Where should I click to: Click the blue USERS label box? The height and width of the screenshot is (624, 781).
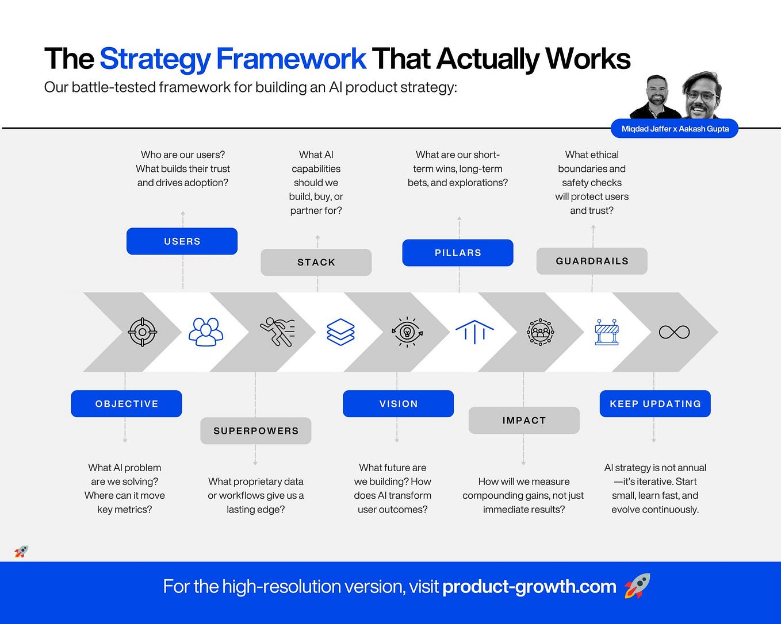[182, 241]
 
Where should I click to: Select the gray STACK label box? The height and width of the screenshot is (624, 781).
[316, 262]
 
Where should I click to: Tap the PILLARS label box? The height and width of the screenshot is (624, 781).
[458, 253]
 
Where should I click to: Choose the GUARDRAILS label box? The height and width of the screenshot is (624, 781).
[592, 261]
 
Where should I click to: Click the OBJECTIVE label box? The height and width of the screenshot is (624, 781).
[127, 404]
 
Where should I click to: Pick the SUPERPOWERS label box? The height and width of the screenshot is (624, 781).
[256, 431]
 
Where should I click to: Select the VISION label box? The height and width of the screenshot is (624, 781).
[398, 404]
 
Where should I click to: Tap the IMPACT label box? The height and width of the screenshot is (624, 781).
[524, 420]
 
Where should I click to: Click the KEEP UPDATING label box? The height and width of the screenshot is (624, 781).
[655, 404]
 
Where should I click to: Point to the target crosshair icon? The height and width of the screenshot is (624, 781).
[142, 332]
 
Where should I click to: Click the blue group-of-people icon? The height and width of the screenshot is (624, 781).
[206, 332]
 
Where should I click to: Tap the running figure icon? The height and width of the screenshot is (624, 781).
[277, 332]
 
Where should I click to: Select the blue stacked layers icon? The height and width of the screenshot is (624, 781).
[340, 332]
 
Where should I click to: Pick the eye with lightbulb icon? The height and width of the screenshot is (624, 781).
[407, 332]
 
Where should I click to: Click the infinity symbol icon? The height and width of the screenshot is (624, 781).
[674, 332]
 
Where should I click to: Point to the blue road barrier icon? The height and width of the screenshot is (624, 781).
[607, 332]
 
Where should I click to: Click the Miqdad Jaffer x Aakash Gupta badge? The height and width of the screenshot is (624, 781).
[675, 129]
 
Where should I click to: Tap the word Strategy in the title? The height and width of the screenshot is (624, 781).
[155, 59]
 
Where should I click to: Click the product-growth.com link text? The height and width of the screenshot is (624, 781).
[529, 587]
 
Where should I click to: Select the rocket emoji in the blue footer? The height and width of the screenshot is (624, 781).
[637, 586]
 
